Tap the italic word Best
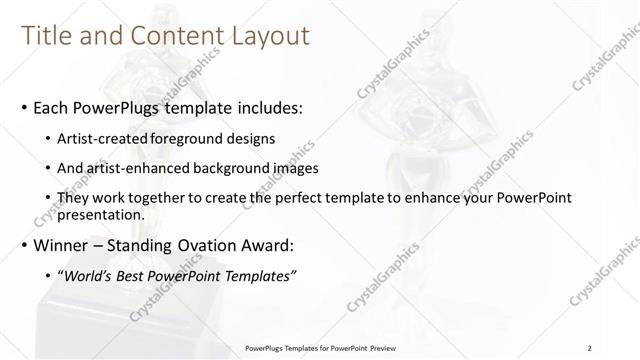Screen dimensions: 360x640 (x=133, y=276)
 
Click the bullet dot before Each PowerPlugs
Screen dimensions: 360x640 (x=24, y=106)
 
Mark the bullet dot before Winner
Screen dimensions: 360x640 (x=24, y=246)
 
